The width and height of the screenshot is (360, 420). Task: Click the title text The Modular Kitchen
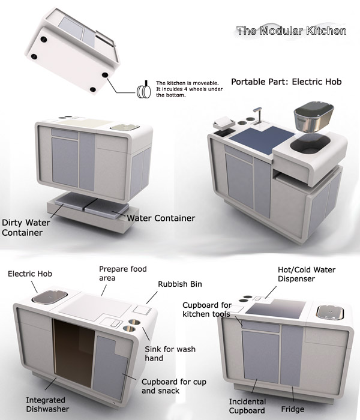point(292,31)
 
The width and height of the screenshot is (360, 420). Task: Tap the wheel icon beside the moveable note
point(144,91)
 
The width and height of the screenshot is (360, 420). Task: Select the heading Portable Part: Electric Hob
point(286,82)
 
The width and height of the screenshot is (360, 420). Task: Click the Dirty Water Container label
point(26,227)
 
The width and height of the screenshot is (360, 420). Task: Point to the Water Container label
point(161,218)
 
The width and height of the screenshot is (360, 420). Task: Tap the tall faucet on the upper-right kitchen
point(258,116)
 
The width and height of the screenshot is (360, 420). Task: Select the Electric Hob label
point(30,274)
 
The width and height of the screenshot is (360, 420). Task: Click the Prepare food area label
point(123,274)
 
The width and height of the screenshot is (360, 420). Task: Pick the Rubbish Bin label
point(180,284)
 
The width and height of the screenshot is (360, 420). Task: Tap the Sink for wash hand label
point(170,353)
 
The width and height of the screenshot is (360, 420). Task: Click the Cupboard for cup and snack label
point(174,386)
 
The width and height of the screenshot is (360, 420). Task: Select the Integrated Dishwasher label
point(47,404)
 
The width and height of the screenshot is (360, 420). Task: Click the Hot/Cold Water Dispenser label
point(307,274)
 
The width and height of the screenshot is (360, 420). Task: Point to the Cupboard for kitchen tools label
point(207,310)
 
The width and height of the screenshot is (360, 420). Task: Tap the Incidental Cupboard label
point(247,406)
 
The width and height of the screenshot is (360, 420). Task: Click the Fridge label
point(293,409)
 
